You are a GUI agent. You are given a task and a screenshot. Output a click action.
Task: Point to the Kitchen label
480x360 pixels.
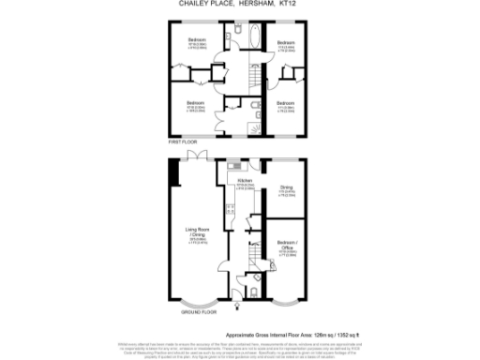[x=245, y=180]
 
